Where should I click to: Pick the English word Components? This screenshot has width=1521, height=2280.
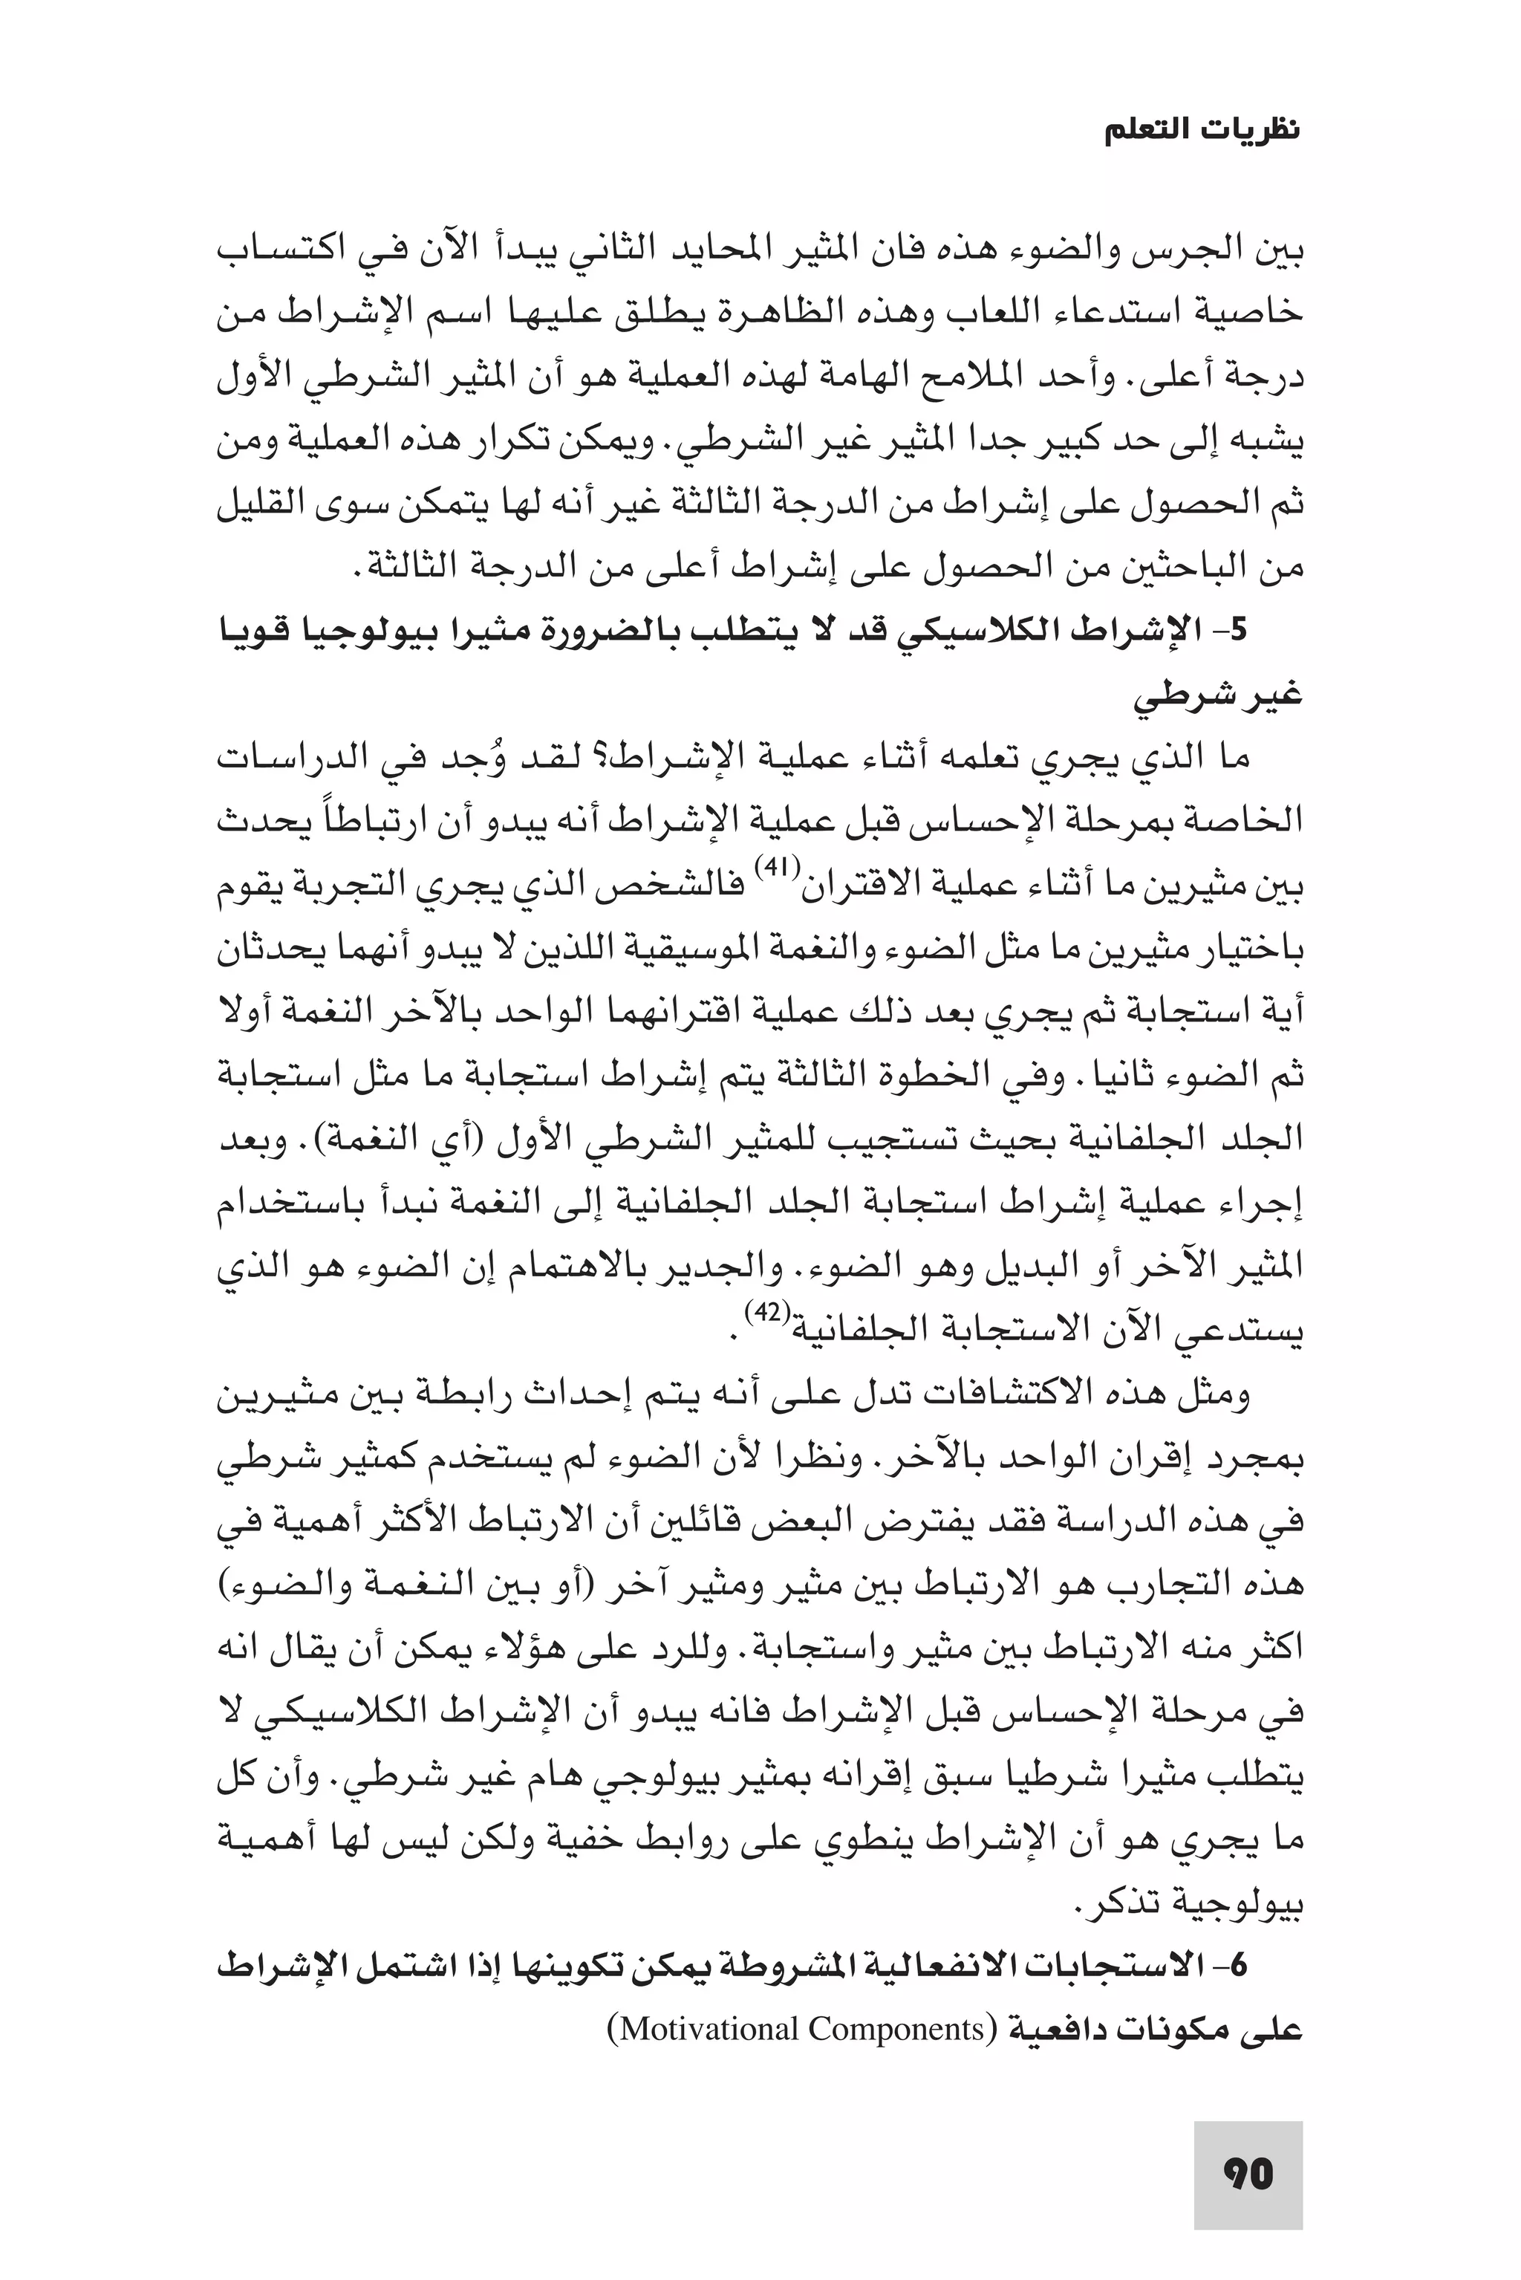coord(894,2029)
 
